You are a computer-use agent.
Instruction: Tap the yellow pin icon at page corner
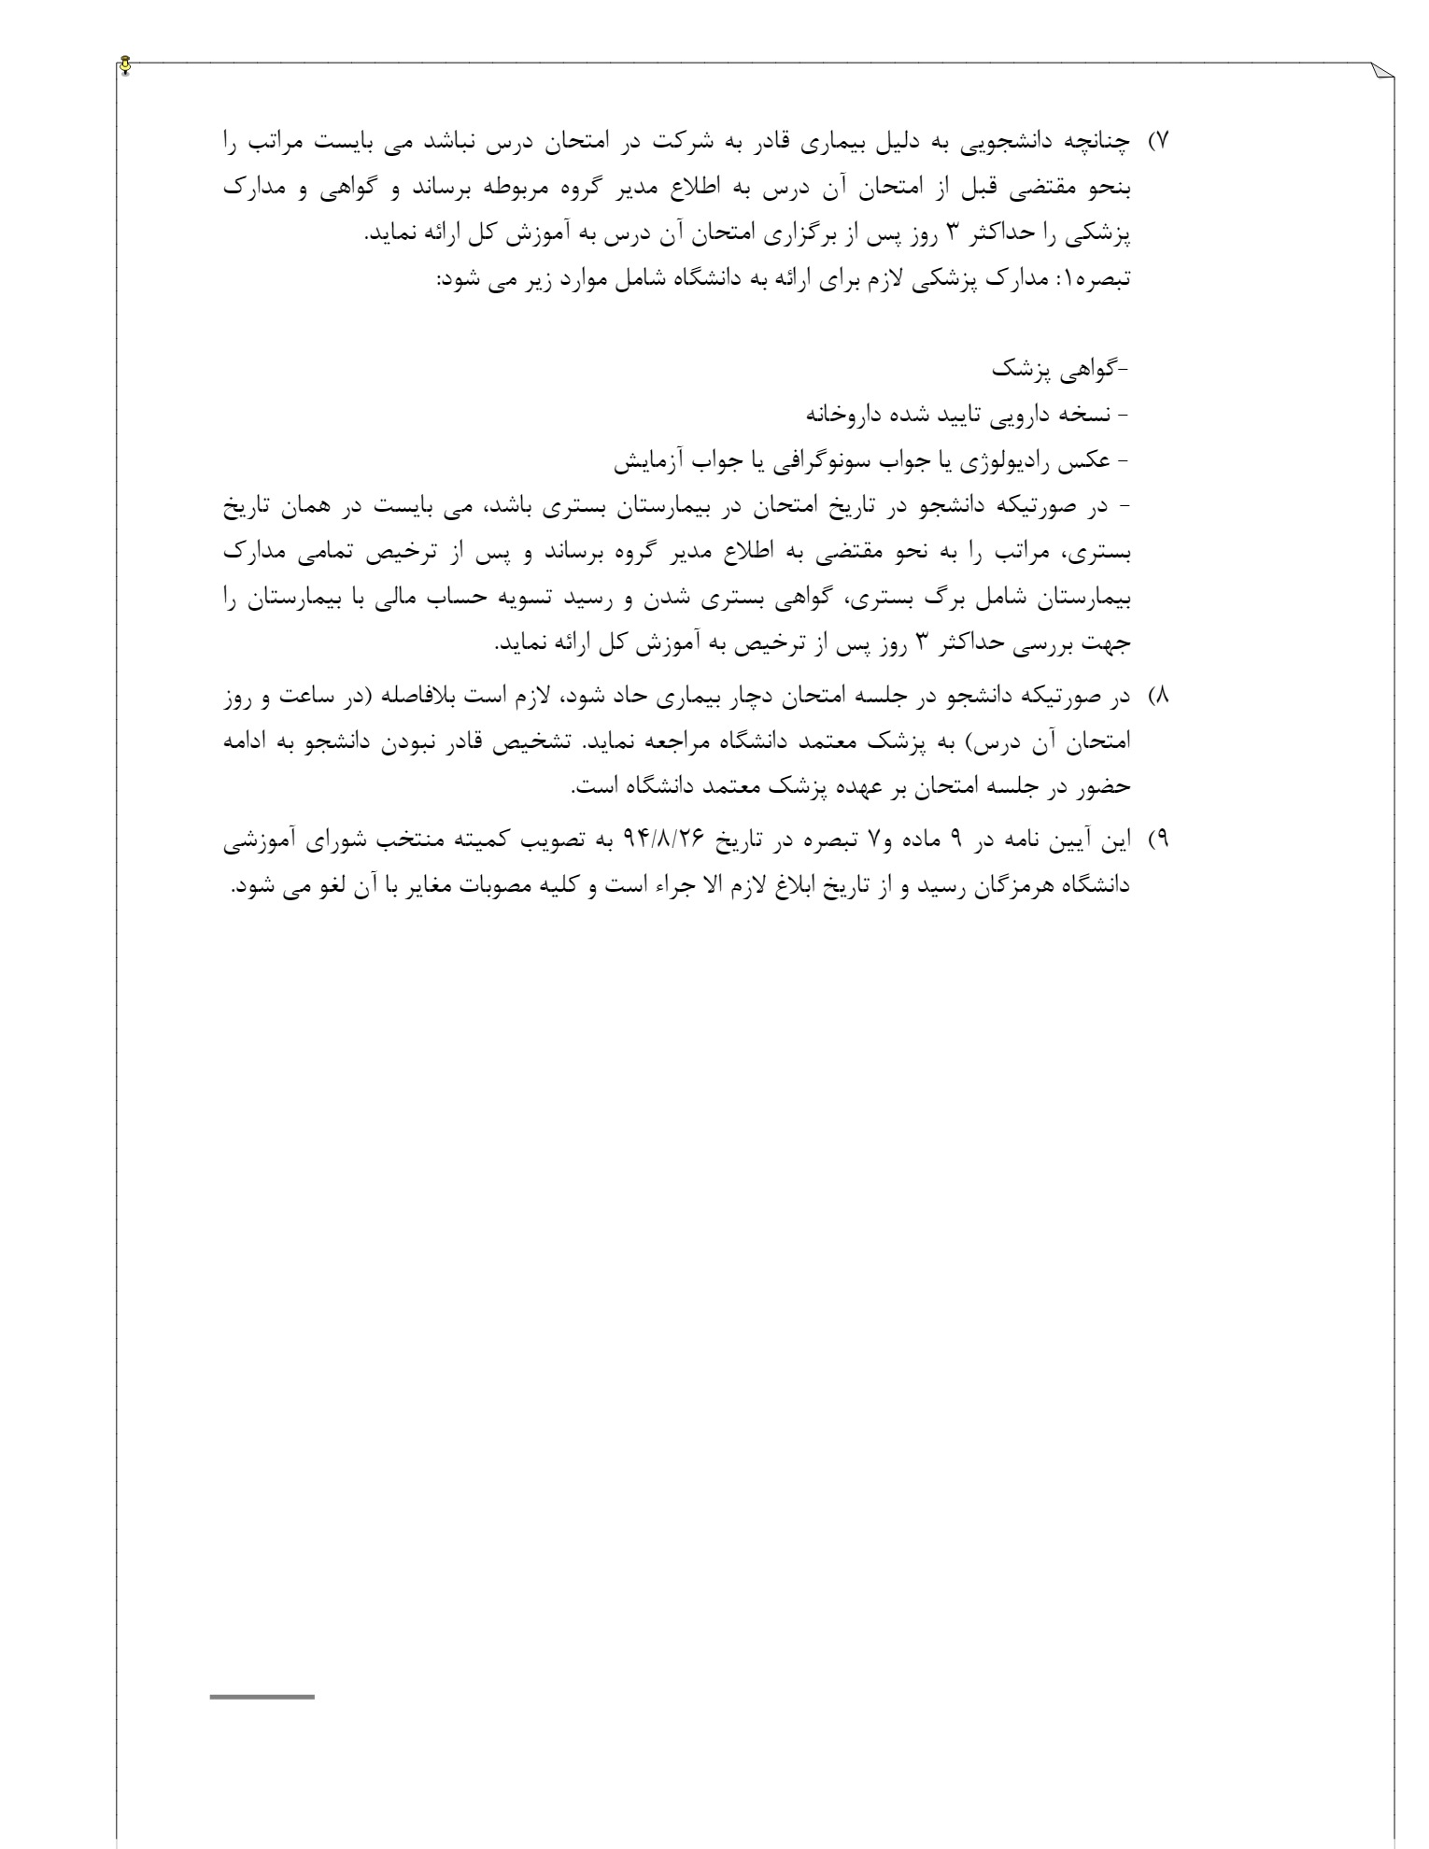(126, 66)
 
